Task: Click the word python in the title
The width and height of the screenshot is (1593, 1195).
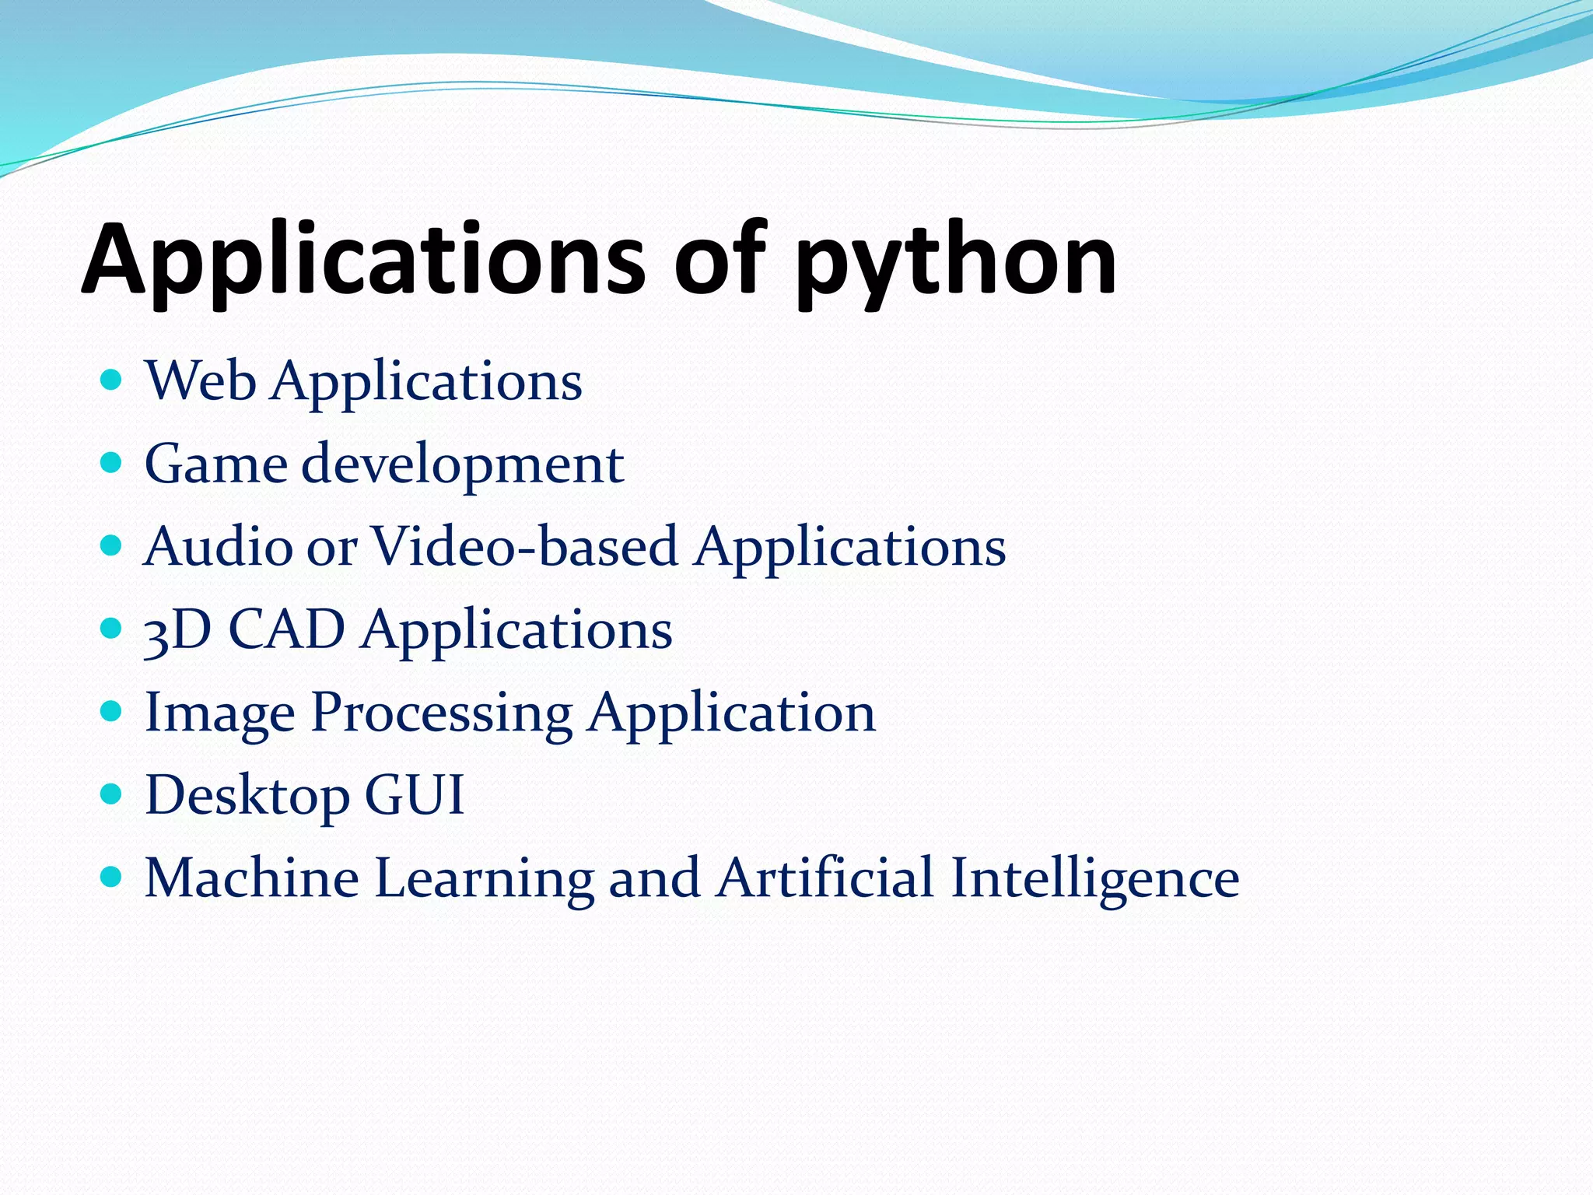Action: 955,263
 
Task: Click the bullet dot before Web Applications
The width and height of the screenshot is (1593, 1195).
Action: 112,380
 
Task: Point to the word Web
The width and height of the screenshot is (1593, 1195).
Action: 201,382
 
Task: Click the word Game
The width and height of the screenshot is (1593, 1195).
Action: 215,464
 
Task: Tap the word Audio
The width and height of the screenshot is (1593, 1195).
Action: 219,547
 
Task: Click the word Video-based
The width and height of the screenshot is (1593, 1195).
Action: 523,547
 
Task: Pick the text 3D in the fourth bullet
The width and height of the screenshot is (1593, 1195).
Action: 177,630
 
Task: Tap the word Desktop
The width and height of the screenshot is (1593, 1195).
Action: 247,797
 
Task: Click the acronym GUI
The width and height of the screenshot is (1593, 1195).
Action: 414,795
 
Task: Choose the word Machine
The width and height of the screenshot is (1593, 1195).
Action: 251,878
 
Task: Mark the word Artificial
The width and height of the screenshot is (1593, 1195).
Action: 824,878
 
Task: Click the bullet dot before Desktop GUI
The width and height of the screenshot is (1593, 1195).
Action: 112,794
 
